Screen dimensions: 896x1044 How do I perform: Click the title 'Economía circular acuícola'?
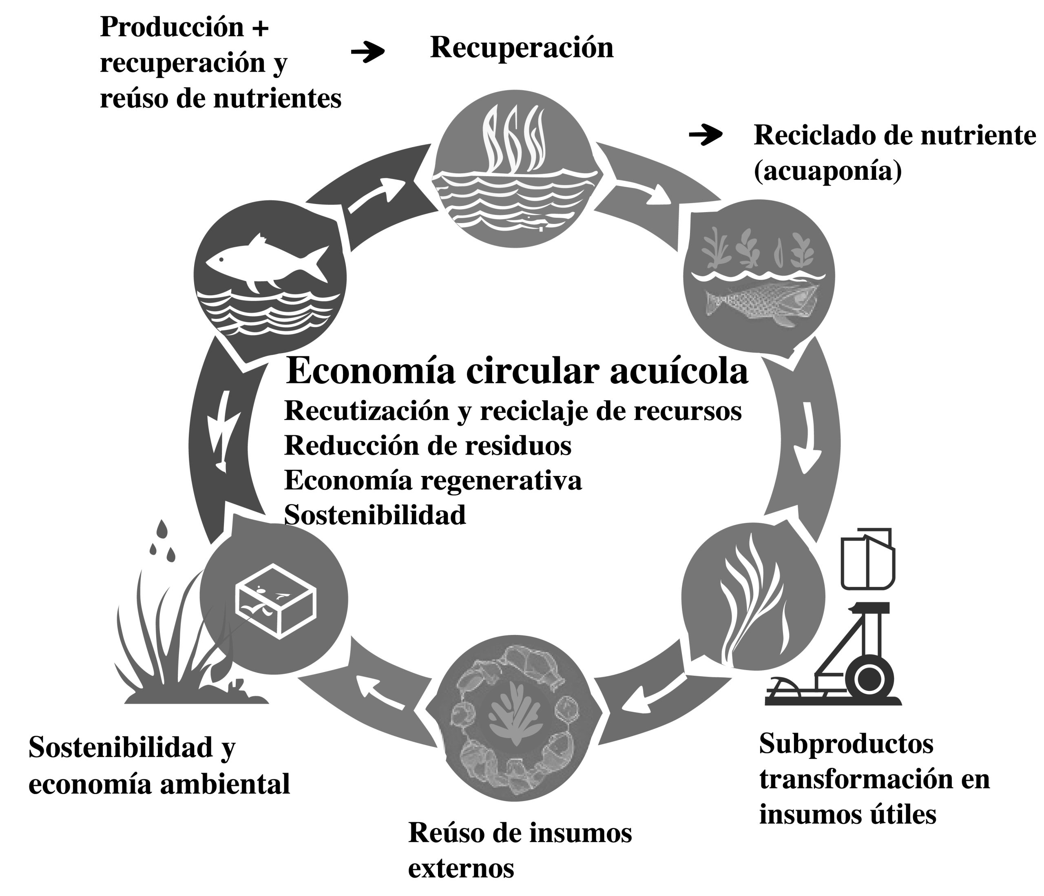tap(516, 372)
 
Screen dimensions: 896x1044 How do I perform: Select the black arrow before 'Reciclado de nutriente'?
tap(706, 135)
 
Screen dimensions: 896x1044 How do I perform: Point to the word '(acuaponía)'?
tap(827, 171)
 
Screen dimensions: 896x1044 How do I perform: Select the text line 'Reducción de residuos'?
tap(428, 445)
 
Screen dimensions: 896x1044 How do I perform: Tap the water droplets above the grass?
tap(163, 541)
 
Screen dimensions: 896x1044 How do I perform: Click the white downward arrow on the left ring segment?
tap(222, 430)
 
